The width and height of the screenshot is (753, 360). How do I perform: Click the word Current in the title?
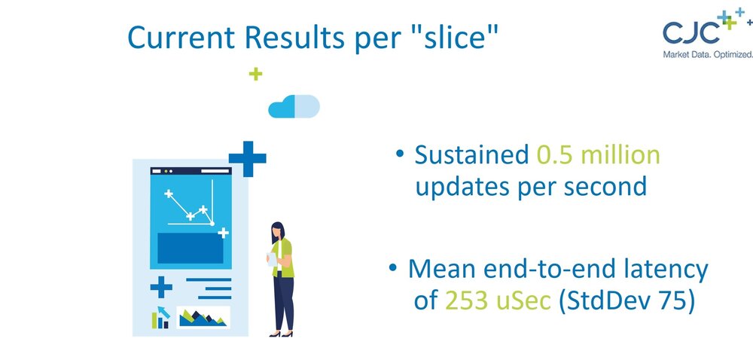[181, 37]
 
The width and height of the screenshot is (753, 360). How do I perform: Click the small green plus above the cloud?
[255, 74]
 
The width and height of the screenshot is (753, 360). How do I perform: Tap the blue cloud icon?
[294, 106]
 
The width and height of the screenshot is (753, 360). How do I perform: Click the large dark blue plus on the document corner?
[247, 158]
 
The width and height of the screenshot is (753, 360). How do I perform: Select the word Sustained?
[471, 155]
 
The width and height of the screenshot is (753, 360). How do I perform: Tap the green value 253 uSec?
[498, 301]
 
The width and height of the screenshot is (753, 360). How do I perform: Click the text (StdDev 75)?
[627, 302]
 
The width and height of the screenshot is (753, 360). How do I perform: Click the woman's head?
[278, 231]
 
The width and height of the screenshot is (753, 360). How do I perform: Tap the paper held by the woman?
[272, 259]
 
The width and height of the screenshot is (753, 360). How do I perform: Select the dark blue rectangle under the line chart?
[191, 249]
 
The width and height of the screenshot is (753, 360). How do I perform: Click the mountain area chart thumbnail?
[203, 317]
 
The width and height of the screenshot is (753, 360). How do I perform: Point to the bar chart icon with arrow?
[160, 317]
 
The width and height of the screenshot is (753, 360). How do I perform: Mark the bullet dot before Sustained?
[400, 154]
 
